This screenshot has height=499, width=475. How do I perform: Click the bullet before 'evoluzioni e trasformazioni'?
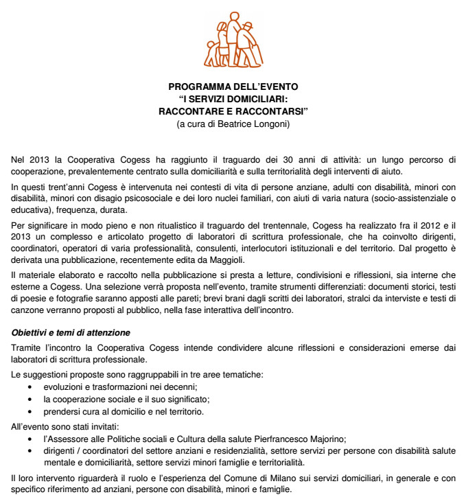click(28, 388)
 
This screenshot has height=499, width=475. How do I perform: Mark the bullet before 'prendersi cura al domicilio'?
click(28, 412)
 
